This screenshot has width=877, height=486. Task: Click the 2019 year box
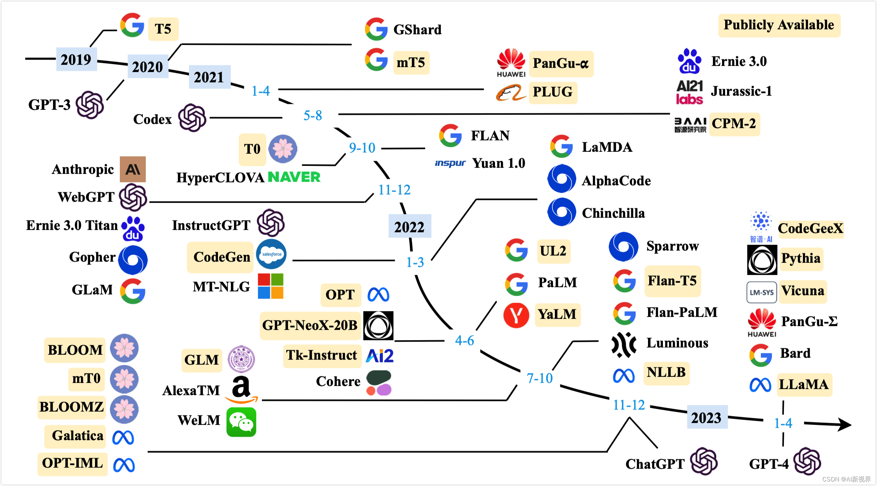(x=76, y=60)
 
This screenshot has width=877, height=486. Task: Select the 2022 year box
(x=409, y=227)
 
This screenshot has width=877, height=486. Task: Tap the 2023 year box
(x=706, y=417)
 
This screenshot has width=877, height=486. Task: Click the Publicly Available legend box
(x=779, y=25)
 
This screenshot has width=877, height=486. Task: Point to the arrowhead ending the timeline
(x=845, y=424)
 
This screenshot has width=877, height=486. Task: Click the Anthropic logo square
(x=133, y=169)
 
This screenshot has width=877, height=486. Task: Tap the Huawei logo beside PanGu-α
(x=511, y=63)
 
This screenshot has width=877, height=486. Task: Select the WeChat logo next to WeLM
(x=241, y=422)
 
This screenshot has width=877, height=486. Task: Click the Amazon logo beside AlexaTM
(x=241, y=389)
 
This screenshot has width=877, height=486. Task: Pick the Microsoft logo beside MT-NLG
(x=271, y=286)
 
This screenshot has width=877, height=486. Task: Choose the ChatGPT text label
(x=655, y=464)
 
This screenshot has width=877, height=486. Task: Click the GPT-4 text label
(x=769, y=464)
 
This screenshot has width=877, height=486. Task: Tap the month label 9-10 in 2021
(x=362, y=148)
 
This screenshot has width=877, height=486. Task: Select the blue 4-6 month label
(x=464, y=340)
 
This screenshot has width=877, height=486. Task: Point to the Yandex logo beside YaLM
(x=516, y=315)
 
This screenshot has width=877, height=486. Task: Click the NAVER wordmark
(x=294, y=177)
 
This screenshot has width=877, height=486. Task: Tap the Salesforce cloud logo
(x=271, y=254)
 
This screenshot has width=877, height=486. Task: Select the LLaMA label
(x=804, y=384)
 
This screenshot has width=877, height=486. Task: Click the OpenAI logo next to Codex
(x=192, y=118)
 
